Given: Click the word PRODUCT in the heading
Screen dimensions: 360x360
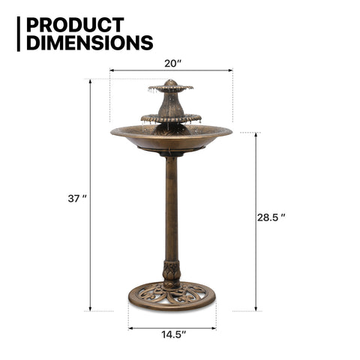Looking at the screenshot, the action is (75, 25).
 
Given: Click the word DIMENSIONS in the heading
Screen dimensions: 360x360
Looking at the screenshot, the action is (90, 43).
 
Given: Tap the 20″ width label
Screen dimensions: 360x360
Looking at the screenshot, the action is (172, 64).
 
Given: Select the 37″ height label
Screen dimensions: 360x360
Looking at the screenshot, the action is (77, 199).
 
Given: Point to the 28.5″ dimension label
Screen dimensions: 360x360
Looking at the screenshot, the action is (271, 217).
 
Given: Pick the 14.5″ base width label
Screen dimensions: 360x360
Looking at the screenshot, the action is (174, 334).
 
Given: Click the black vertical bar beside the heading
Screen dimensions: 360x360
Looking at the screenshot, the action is (19, 34).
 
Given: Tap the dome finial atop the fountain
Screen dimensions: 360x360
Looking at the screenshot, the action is (171, 82).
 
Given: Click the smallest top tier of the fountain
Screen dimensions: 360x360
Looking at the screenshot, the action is (171, 88).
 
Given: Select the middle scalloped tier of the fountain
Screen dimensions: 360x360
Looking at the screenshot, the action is (171, 118).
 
